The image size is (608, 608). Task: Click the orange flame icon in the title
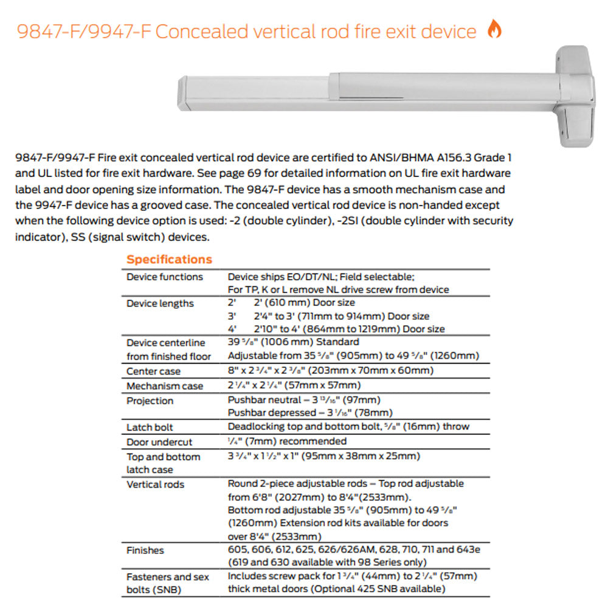494,29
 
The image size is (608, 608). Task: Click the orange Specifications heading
169,260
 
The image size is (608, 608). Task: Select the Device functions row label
165,277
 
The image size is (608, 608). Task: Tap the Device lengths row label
160,303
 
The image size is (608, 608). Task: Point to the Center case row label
153,371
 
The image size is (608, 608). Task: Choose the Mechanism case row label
165,386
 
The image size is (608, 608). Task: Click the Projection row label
150,401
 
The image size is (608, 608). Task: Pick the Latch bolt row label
150,427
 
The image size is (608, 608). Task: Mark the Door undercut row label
159,443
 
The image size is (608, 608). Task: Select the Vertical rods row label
155,485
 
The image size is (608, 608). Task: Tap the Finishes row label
145,550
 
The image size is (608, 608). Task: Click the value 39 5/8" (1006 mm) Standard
293,342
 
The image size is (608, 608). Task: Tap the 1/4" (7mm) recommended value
287,441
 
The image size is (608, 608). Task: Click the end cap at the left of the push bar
181,94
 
